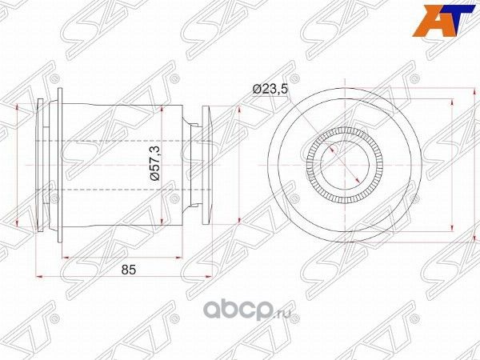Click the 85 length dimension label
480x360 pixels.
tap(126, 270)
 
